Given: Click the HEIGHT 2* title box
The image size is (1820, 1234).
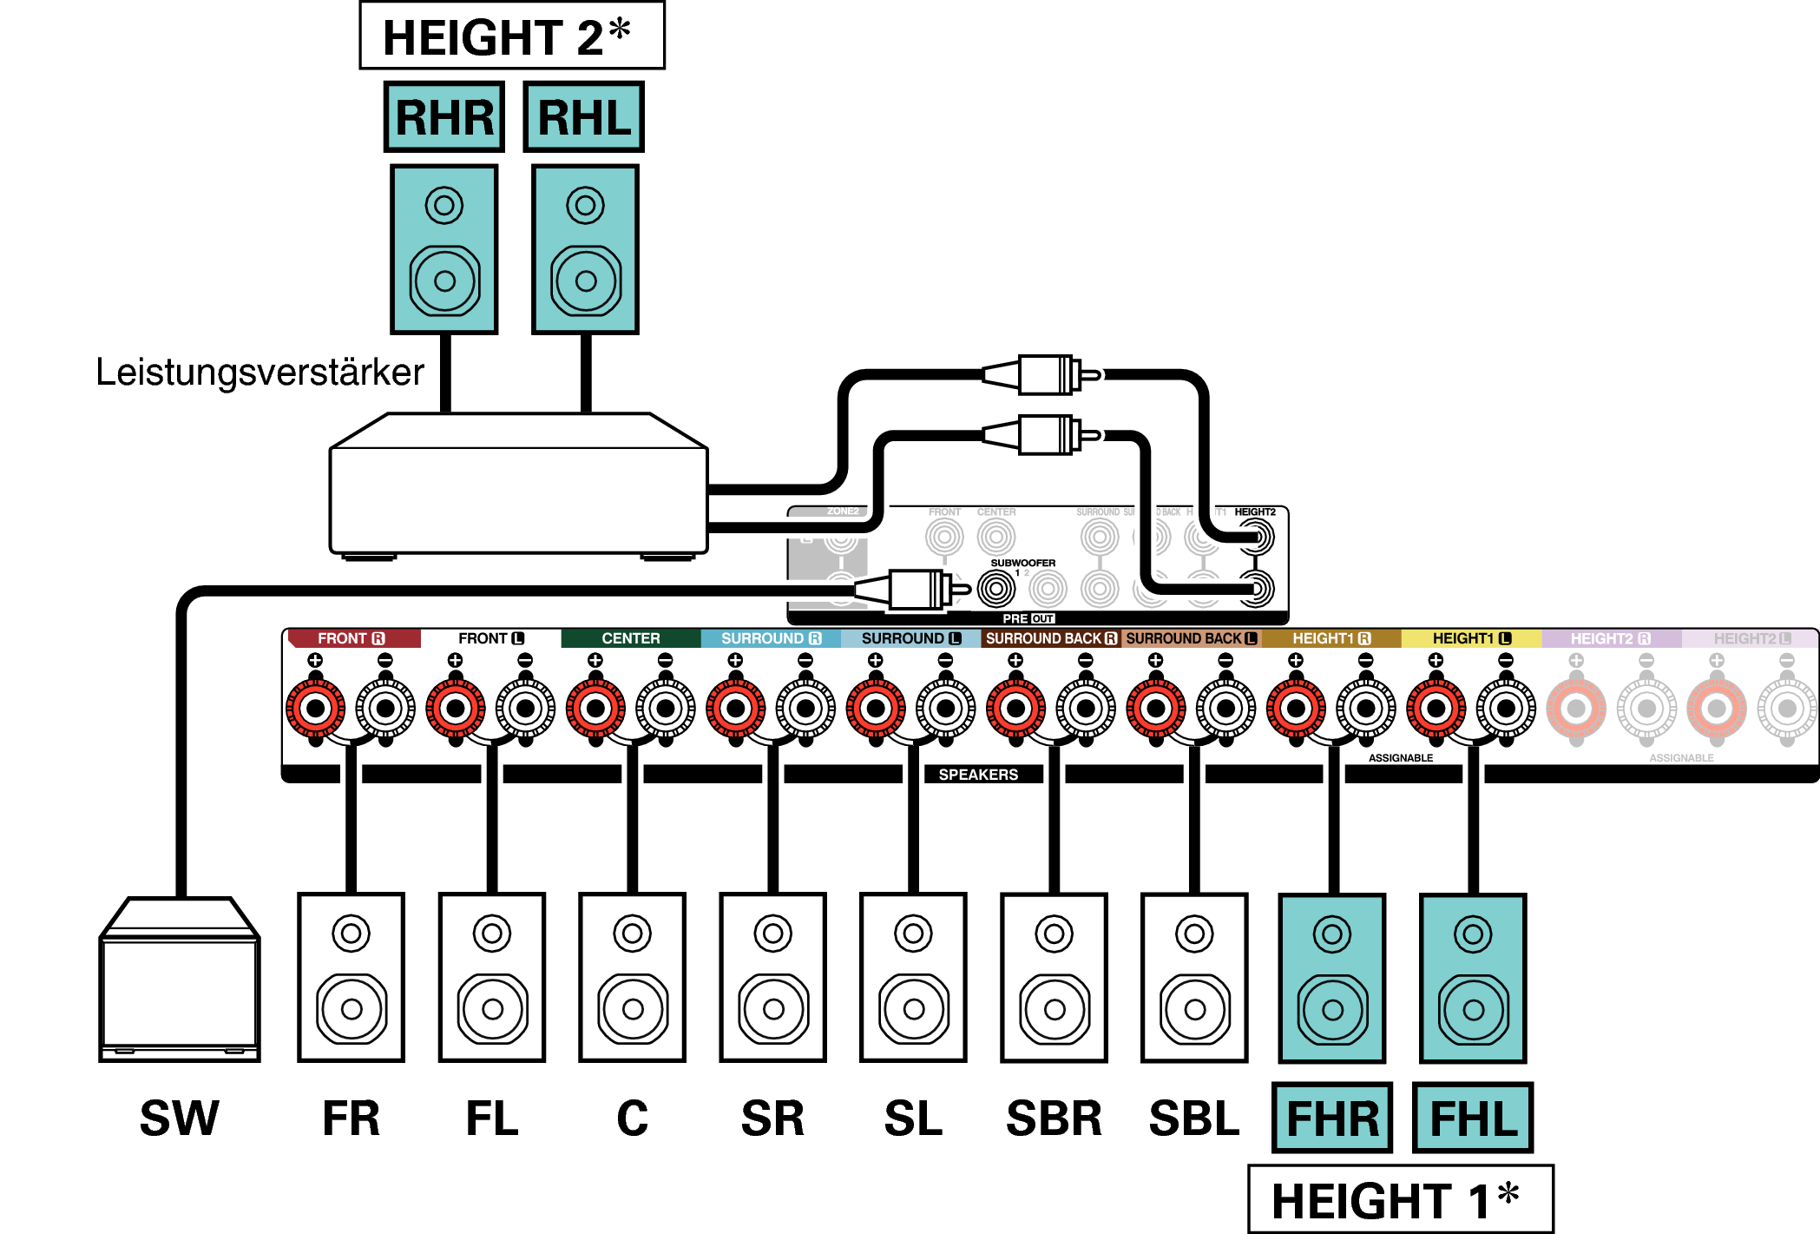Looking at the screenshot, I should [511, 36].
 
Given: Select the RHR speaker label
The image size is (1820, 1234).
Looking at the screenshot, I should [444, 117].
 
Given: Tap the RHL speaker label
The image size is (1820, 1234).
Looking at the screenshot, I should [583, 117].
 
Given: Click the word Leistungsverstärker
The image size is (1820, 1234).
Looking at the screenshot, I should [260, 372].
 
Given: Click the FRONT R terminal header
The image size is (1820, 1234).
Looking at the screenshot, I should [352, 638].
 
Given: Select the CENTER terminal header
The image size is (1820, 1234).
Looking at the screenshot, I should [631, 638].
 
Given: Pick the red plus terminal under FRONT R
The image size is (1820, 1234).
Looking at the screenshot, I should [316, 709].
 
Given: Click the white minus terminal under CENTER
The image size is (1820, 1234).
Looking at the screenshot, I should [666, 709].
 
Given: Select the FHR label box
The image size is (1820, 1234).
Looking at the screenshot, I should [1331, 1118].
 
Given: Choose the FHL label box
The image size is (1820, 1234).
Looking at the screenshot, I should [1473, 1118].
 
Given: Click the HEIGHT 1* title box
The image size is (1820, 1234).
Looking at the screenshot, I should [1400, 1199].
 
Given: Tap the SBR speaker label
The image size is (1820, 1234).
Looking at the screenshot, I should [1054, 1118].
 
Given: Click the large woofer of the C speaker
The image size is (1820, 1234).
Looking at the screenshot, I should [633, 1009].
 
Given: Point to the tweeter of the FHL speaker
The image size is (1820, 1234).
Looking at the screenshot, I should [1473, 934].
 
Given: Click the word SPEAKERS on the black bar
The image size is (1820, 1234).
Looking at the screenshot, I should [978, 775].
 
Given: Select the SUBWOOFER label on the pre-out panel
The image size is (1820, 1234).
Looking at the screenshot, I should [1023, 563].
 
